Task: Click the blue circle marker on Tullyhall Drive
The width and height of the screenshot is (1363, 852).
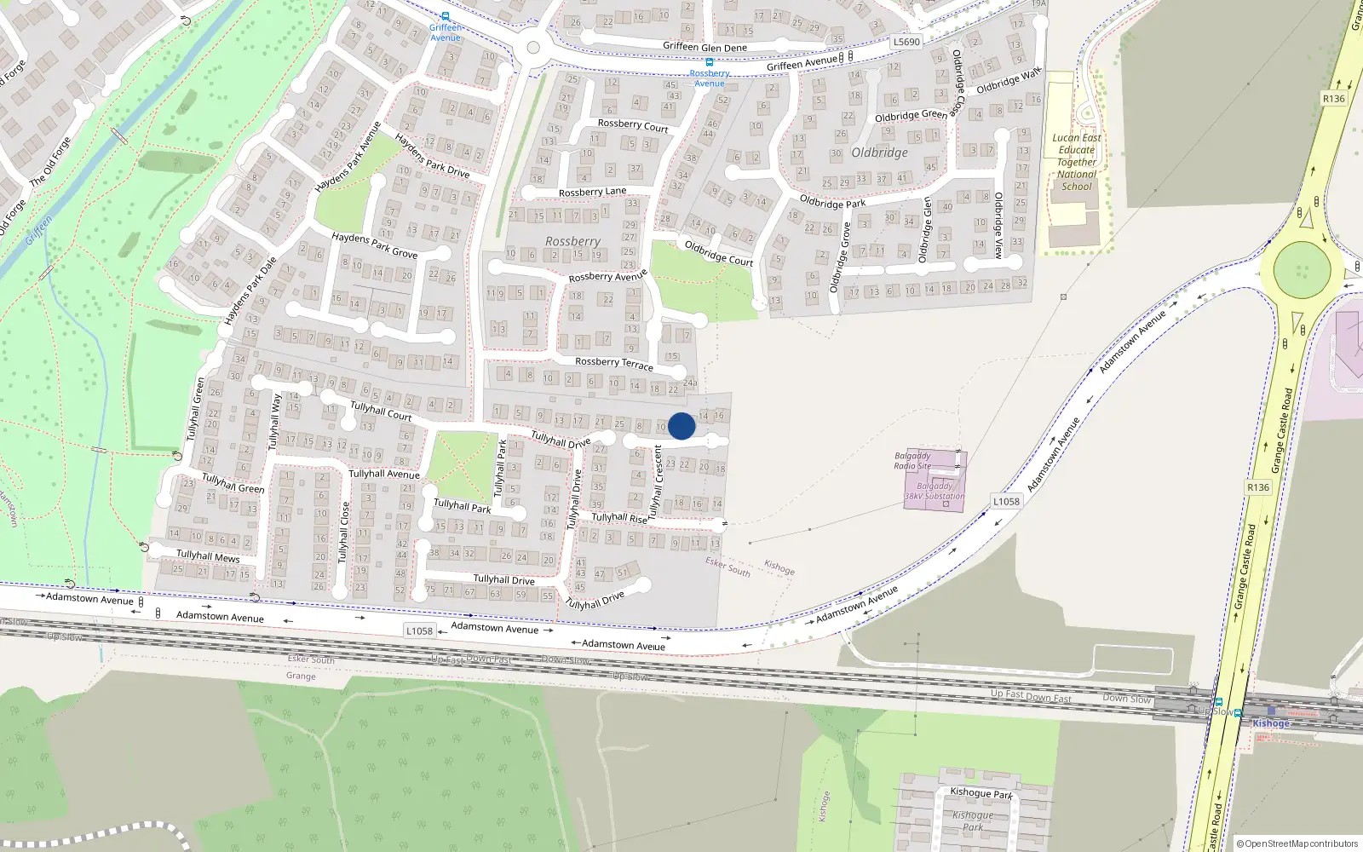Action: click(681, 426)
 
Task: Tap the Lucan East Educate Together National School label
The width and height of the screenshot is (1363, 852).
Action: click(1077, 162)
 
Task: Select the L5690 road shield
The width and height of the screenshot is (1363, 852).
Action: click(906, 42)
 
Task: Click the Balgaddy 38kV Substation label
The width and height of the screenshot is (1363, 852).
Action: click(935, 492)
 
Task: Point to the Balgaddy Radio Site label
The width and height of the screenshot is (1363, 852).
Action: click(912, 461)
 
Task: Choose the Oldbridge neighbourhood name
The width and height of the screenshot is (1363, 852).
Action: click(879, 153)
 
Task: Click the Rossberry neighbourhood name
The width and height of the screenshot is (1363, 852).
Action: click(572, 242)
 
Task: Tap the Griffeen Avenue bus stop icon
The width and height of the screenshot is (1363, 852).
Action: click(445, 16)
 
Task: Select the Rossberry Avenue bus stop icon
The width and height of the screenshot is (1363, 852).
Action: click(709, 62)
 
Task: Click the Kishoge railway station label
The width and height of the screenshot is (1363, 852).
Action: click(1271, 723)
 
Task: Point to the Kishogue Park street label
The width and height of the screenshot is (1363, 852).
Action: click(981, 793)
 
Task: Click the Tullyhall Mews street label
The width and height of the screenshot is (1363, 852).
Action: click(208, 556)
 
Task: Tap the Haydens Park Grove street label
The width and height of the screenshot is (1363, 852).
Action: click(374, 245)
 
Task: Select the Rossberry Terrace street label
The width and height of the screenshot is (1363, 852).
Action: click(613, 363)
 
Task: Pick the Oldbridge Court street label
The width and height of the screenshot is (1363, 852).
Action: click(719, 253)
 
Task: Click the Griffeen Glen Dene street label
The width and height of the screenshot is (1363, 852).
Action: click(705, 48)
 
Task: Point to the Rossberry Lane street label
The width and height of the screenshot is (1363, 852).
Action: click(592, 193)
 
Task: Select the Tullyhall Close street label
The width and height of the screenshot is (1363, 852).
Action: click(343, 532)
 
